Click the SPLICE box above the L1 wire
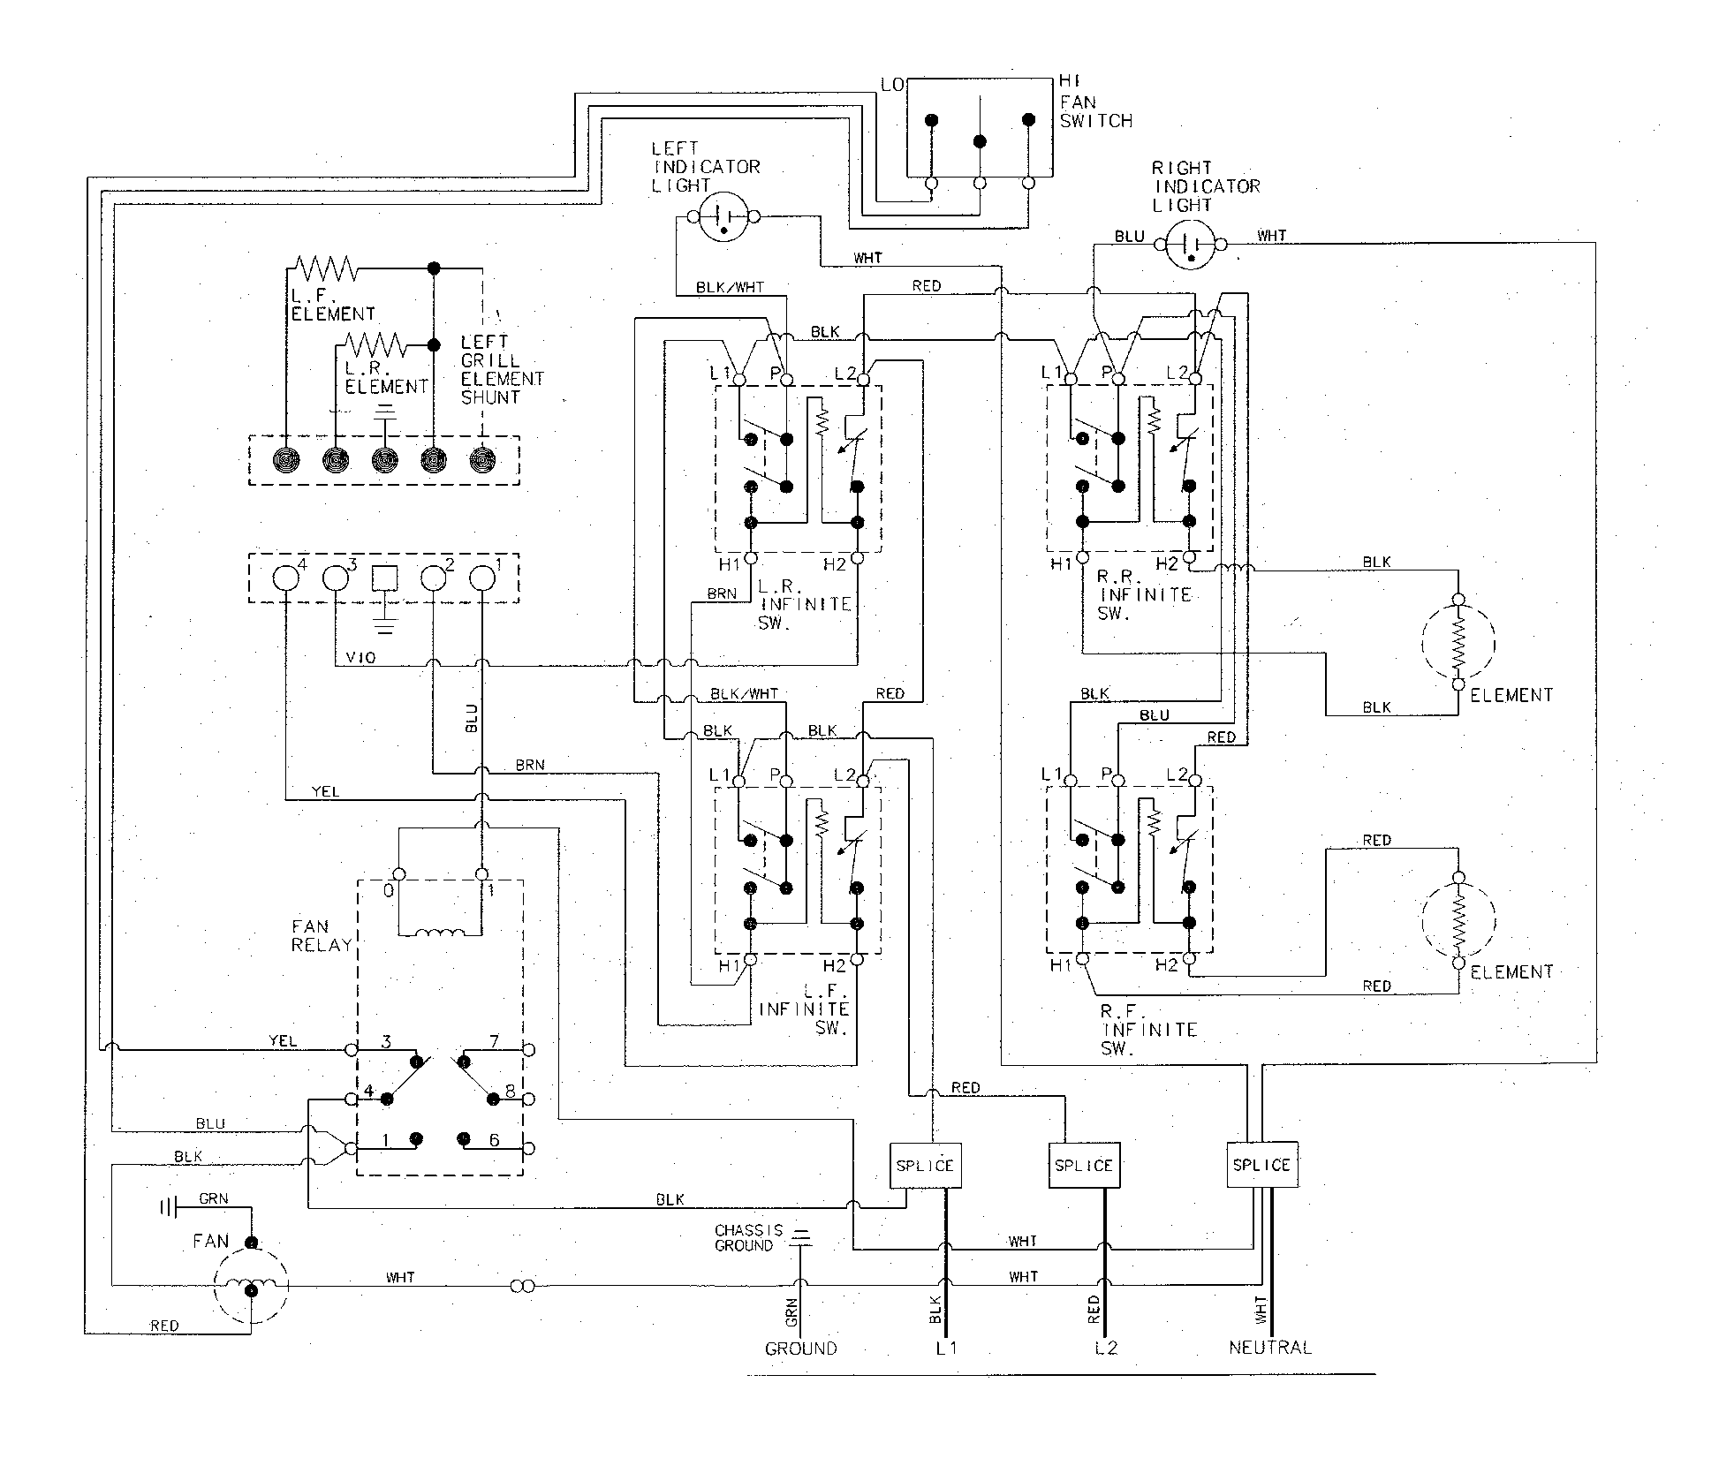pos(924,1165)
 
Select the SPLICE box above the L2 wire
pos(1083,1166)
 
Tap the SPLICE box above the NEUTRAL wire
pos(1261,1165)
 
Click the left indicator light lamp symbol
pos(723,216)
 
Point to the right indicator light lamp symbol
pos(1191,243)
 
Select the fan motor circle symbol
pos(251,1288)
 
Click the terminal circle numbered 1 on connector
pos(481,578)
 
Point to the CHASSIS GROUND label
pos(749,1237)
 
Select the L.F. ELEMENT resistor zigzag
pos(324,268)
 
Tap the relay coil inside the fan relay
pos(440,933)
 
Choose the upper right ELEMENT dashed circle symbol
pos(1458,642)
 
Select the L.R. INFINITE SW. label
pos(804,605)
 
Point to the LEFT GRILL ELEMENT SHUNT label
pos(502,369)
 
